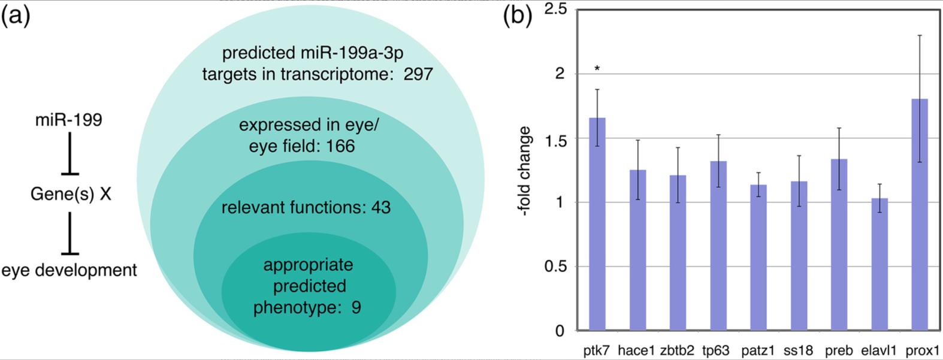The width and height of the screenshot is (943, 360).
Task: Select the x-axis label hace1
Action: [x=636, y=350]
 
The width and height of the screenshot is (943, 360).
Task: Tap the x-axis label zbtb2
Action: [x=677, y=350]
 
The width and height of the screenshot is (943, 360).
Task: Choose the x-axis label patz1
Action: [x=758, y=350]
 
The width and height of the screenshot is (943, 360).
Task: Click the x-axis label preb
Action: [x=839, y=350]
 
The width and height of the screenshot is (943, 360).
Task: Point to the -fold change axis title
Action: [x=524, y=171]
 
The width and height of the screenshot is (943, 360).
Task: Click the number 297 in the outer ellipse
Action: [x=418, y=74]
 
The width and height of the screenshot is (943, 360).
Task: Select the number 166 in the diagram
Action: [x=340, y=146]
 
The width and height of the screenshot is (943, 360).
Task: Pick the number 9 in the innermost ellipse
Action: [x=356, y=308]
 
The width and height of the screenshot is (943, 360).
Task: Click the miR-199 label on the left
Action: [x=68, y=120]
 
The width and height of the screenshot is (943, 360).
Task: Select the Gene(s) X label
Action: [x=71, y=195]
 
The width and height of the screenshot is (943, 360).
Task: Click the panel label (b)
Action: [x=517, y=16]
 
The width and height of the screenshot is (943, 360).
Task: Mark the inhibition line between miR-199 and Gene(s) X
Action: [x=70, y=154]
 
